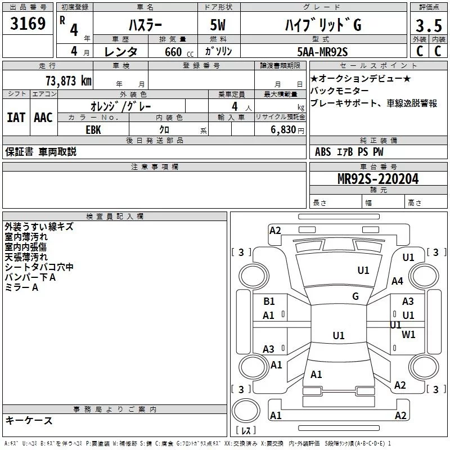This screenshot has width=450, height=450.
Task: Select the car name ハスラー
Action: pos(145,25)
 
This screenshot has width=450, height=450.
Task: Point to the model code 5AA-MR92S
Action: pos(322,52)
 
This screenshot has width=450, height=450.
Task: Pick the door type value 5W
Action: pos(218,25)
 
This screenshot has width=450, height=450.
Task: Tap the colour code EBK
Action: pos(93,129)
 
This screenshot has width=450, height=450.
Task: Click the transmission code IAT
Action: pos(16,118)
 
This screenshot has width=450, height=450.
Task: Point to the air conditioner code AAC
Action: pos(43,118)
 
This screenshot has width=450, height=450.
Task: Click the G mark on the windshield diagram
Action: pos(355,296)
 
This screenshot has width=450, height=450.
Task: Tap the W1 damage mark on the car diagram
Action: pos(409,334)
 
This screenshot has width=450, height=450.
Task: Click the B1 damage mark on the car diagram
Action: pos(269,301)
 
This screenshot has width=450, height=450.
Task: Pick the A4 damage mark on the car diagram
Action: pos(398,281)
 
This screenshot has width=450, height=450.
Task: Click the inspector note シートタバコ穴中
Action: pos(39,267)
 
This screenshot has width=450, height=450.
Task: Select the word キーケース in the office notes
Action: pos(29,421)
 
